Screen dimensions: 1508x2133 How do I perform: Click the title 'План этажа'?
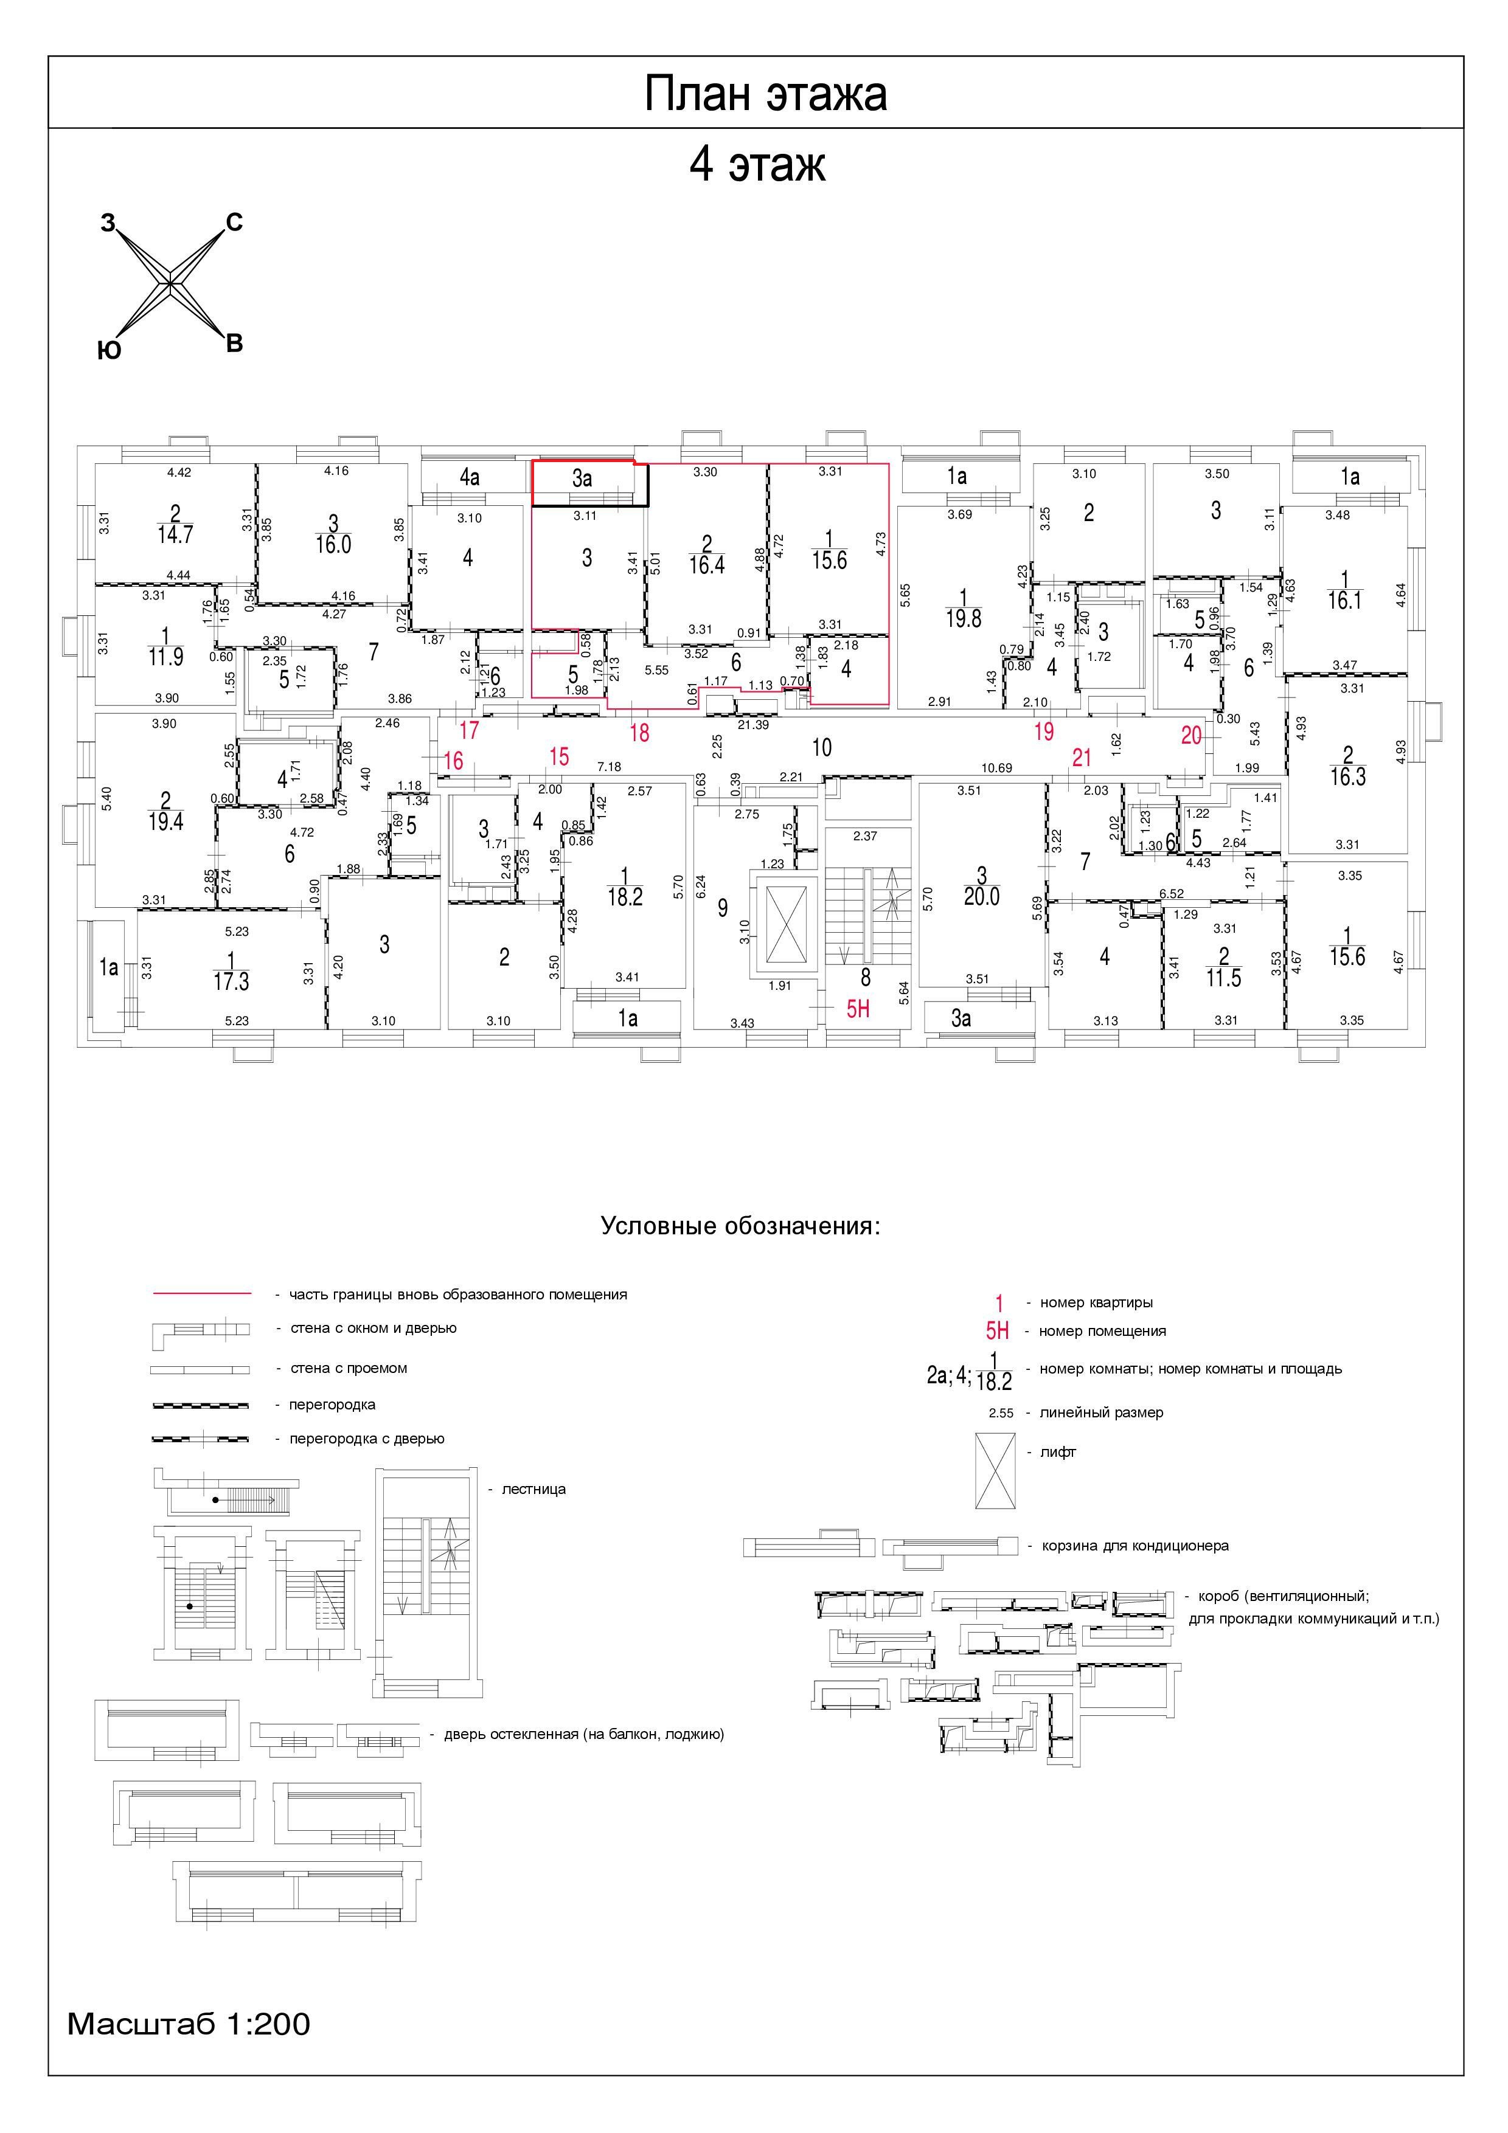click(x=766, y=94)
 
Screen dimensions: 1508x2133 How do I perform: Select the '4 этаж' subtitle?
click(x=757, y=165)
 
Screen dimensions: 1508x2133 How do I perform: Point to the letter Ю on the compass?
click(x=109, y=350)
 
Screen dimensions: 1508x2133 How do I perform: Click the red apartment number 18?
click(x=639, y=733)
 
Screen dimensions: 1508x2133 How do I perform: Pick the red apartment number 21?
click(x=1082, y=758)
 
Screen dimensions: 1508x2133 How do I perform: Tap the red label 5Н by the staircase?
click(x=858, y=1008)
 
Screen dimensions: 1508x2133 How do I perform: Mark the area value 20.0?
click(x=981, y=896)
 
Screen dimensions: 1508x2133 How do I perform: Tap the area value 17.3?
click(x=231, y=981)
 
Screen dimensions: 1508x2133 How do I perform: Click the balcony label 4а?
click(x=469, y=477)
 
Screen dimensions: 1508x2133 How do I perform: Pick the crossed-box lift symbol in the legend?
click(x=995, y=1471)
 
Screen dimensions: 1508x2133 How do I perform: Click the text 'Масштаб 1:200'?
click(x=189, y=2024)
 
